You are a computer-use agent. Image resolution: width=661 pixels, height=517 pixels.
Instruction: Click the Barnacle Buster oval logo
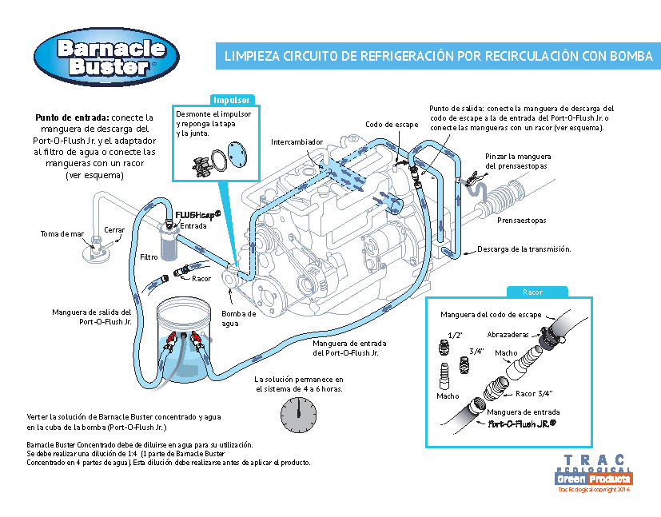coord(111,57)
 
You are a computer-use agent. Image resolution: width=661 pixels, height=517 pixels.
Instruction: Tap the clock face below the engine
coord(297,415)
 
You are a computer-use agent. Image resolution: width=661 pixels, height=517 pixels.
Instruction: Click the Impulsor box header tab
coord(232,100)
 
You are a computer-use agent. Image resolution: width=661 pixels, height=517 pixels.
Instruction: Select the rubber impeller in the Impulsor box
coord(196,166)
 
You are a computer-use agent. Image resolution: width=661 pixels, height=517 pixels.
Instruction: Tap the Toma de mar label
coord(62,234)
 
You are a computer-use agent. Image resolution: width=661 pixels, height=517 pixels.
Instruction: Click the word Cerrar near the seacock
coord(114,230)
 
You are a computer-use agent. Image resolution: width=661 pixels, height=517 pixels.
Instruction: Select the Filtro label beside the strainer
coord(149,257)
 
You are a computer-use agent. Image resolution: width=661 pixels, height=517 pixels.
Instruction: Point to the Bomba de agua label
coord(238,318)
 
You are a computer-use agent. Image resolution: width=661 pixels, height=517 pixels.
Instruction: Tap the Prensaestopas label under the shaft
coord(521,219)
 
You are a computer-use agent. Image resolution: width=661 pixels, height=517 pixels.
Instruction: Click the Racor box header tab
coord(532,292)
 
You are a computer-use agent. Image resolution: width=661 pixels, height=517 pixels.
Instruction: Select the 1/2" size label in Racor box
coord(456,336)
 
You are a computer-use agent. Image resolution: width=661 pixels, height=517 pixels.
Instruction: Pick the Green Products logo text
coord(593,478)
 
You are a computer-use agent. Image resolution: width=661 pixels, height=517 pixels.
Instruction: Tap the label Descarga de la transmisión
coord(524,249)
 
